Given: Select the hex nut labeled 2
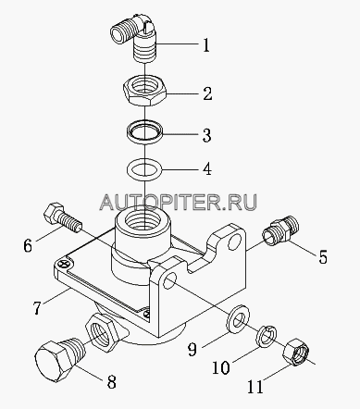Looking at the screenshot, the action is (144, 91).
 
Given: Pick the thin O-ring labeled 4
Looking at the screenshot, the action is (144, 169).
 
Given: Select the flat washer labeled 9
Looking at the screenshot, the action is (238, 319).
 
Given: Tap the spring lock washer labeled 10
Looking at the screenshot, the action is (267, 336).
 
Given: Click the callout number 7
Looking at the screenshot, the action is (37, 307).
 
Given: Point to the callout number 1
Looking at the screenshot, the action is (206, 45).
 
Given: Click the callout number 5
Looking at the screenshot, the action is (322, 256).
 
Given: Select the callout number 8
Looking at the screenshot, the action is (111, 381).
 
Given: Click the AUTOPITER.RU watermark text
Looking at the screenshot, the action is (178, 203).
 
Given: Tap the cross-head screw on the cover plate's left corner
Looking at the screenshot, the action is (64, 264).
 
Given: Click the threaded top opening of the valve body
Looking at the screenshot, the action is (144, 219).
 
